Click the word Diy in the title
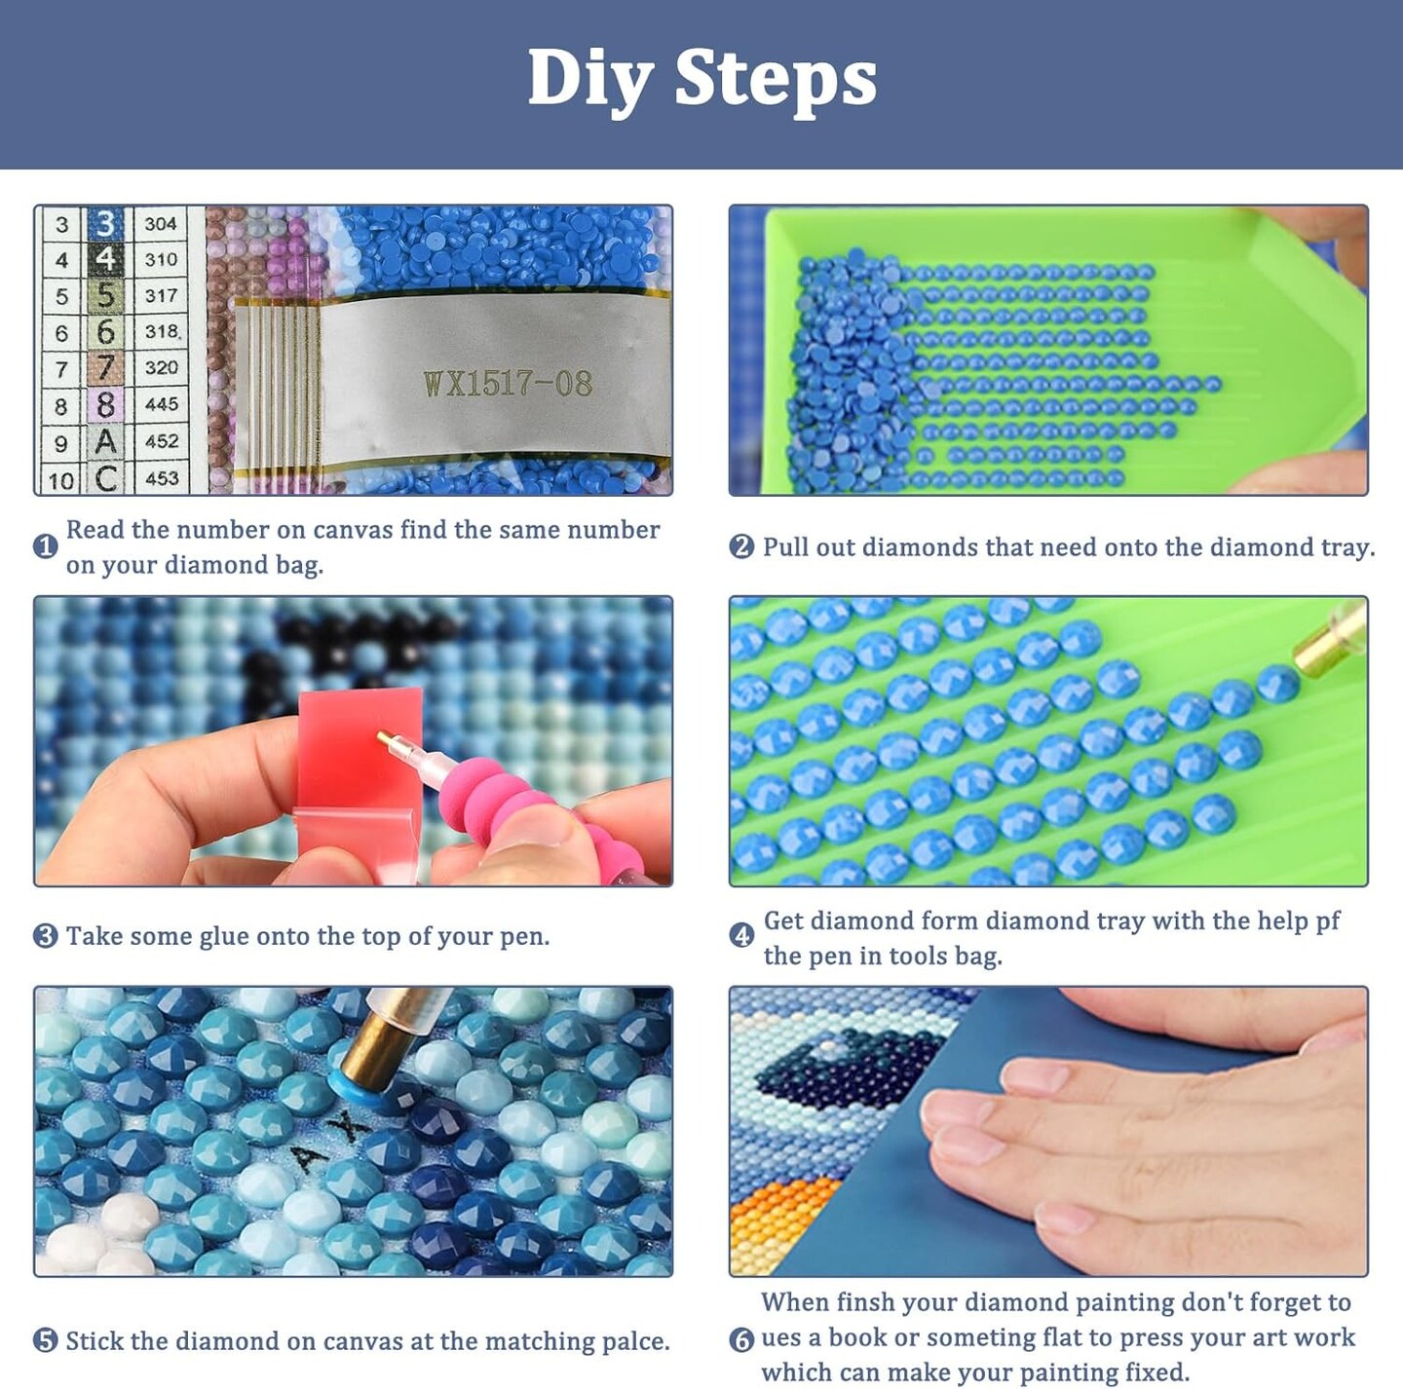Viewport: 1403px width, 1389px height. point(589,80)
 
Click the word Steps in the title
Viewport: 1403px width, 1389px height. point(776,79)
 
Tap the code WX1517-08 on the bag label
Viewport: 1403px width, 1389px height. point(508,384)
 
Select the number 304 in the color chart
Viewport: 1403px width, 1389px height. point(161,223)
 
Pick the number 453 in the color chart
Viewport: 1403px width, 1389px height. point(162,478)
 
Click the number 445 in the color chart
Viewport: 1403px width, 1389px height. point(162,405)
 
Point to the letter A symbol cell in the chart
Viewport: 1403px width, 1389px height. point(105,441)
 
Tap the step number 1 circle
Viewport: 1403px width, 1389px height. point(45,546)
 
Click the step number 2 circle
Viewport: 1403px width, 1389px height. point(741,546)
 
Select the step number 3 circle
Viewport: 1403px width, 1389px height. point(45,935)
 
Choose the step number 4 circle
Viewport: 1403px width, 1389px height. point(741,935)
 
